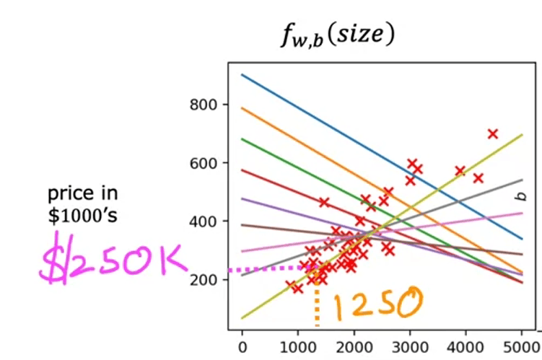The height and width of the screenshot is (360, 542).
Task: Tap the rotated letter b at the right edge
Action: (517, 196)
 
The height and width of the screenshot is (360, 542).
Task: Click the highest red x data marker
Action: (493, 133)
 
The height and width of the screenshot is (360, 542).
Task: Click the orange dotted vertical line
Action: (316, 303)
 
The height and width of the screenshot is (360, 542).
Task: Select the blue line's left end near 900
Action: (244, 75)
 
